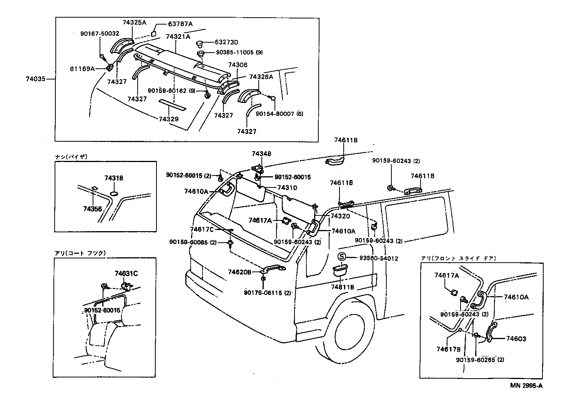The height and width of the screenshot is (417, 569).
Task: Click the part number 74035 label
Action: pos(35,79)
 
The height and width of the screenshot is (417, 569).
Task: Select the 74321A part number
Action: pos(178,37)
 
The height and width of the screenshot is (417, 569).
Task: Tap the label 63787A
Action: pos(180,24)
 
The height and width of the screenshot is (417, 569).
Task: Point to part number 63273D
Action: pos(226,42)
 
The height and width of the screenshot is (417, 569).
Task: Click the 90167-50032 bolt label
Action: pos(100,34)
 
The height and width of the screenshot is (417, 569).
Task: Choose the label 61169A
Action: pos(82,69)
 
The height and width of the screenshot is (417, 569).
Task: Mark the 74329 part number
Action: pos(168,119)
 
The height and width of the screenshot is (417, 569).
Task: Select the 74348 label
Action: pos(261,154)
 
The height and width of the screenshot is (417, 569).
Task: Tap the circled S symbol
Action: pos(341,257)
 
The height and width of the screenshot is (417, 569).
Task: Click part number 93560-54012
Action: pos(379,258)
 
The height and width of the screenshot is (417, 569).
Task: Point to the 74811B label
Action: pos(342,287)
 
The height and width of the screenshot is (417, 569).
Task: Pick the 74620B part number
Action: pos(239,272)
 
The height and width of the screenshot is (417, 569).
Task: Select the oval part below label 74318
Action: pos(115,192)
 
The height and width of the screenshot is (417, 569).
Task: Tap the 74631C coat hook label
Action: pos(126,273)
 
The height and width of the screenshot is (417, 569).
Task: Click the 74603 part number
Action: pos(516,339)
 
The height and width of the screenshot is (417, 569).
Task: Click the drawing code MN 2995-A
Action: pos(526,386)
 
